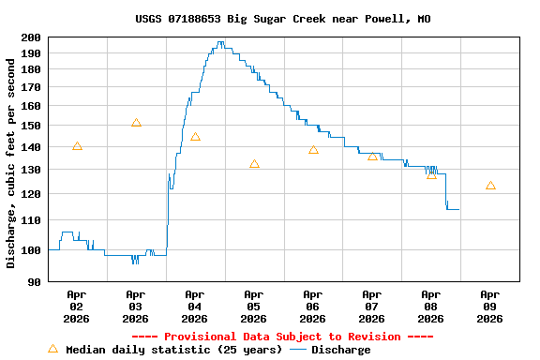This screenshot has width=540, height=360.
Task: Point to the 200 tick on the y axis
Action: pos(31,37)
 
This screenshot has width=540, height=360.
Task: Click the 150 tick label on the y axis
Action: pos(31,126)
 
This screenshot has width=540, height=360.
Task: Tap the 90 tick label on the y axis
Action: pos(35,281)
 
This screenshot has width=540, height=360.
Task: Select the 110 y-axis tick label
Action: pos(31,220)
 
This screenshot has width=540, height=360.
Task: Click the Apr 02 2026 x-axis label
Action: pos(77,306)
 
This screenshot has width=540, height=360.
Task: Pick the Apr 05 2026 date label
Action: pos(253,306)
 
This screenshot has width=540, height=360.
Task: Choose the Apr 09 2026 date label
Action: pos(489,306)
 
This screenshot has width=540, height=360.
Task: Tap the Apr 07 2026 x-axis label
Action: pos(371,306)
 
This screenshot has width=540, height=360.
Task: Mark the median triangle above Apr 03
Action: pos(136,123)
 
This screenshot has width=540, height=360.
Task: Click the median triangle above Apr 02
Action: pos(77,146)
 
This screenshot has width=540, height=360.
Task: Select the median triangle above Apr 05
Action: pos(254,164)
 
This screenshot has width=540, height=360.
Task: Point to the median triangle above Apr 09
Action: pos(490,186)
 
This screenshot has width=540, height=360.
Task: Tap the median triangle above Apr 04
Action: pos(195,137)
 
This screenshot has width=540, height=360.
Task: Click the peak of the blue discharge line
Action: pos(220,42)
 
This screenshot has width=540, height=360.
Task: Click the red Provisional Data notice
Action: pos(282,337)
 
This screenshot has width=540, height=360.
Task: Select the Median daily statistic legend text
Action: pos(173,350)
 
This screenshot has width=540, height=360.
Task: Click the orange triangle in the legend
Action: pos(52,349)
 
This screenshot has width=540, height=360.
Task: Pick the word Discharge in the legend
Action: pos(340,350)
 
